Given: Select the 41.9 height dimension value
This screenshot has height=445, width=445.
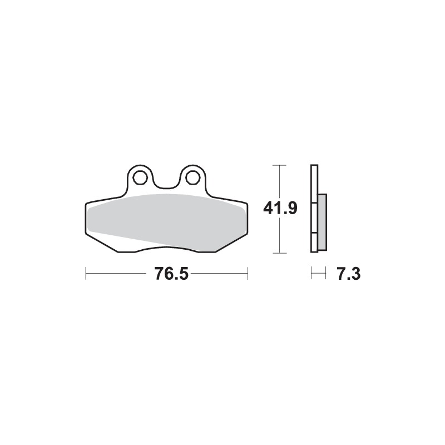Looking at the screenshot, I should (280, 209).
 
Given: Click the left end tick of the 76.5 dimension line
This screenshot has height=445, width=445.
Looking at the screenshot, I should (86, 274).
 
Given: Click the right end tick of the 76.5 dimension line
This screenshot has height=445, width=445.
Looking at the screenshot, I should (248, 274).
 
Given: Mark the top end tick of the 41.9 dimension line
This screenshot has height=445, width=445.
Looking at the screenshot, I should (279, 165).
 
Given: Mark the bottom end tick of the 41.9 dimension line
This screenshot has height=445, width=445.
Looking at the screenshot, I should (279, 253).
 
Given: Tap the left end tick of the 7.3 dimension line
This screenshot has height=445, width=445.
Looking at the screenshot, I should (311, 274).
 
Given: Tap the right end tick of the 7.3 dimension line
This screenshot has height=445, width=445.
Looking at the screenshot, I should (325, 274).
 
